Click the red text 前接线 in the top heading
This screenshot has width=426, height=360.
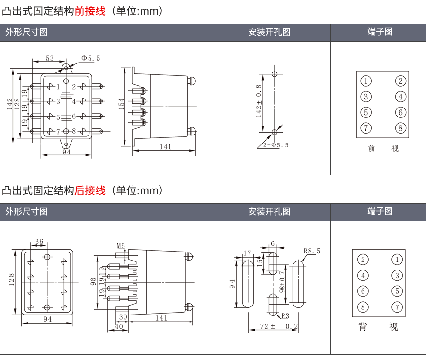point(90,10)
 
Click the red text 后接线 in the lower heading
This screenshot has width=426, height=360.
point(90,190)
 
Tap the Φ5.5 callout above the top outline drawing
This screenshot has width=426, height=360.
point(90,58)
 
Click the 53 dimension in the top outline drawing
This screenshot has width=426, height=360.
point(50,58)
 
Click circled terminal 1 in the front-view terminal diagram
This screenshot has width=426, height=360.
point(366,81)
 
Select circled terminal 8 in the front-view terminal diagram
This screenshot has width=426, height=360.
point(400,128)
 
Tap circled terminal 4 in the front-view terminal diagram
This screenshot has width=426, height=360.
point(400,97)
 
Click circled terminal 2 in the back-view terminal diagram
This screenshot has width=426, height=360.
point(363,259)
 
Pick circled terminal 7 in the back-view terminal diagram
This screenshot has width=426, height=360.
point(397,306)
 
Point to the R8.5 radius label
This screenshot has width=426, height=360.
point(311,251)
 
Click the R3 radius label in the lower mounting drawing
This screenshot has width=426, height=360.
point(285,316)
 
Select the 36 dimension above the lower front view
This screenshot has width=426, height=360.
point(39,242)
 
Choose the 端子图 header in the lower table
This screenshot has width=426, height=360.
point(380,211)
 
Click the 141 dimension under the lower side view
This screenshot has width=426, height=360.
point(161,318)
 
